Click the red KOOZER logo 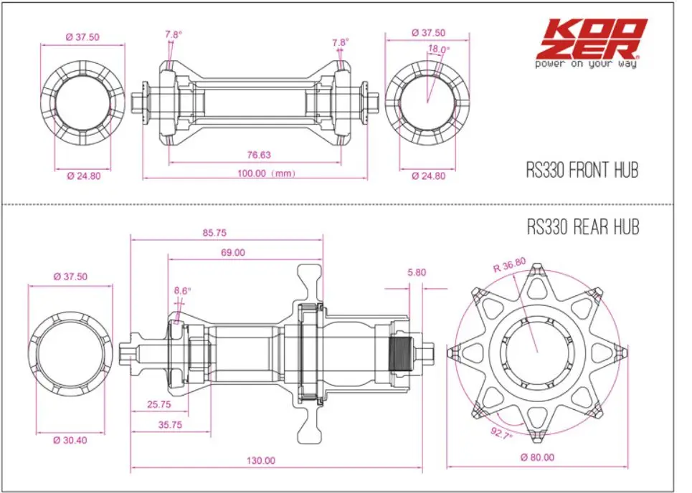592,39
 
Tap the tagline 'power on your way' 586,64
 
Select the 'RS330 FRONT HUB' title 582,171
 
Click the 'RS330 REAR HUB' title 583,227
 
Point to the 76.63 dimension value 259,155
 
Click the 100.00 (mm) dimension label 266,173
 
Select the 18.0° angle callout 439,49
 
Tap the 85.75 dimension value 214,233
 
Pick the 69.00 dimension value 232,253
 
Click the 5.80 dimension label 417,272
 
